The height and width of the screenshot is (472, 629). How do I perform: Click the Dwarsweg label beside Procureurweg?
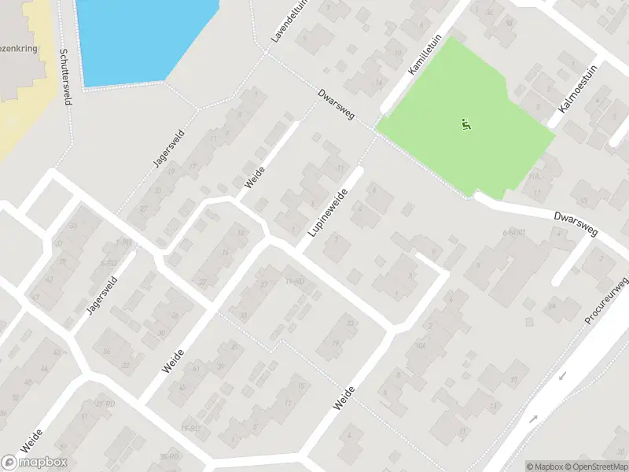coord(576,223)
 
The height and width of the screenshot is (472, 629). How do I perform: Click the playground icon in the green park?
coord(466,124)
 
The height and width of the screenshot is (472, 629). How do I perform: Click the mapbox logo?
coord(35,462)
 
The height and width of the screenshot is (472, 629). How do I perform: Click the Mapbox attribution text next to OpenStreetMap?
coord(543,466)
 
